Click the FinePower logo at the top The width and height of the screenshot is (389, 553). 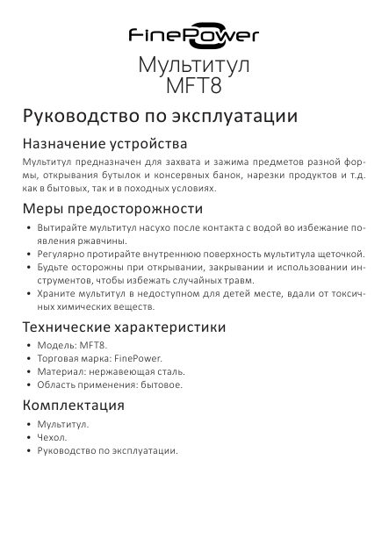[x=194, y=36]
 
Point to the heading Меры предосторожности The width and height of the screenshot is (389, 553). [x=112, y=210]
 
